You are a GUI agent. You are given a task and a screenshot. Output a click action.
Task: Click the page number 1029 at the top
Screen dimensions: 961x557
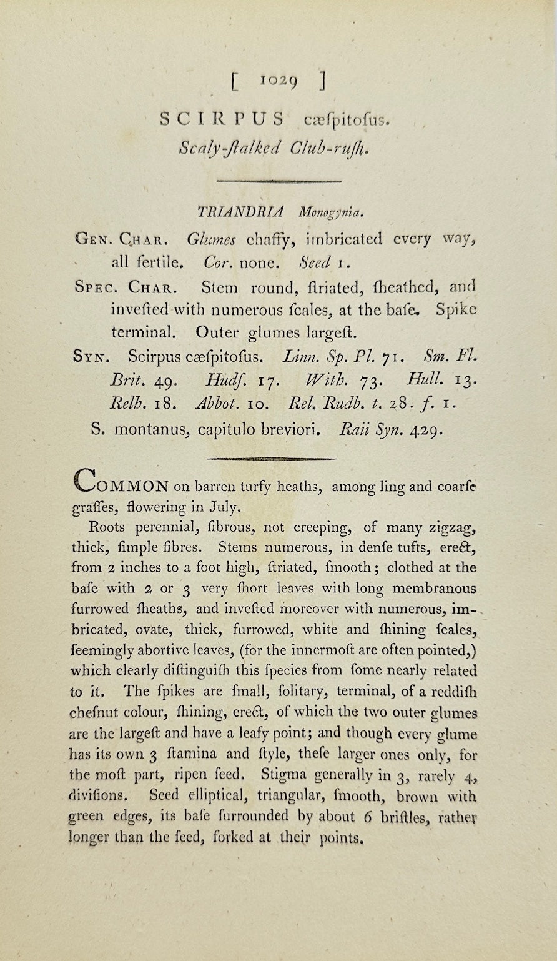(279, 81)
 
